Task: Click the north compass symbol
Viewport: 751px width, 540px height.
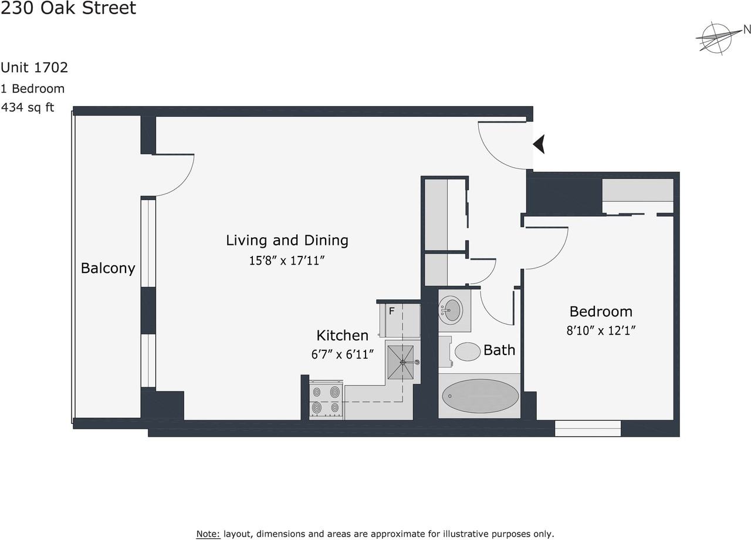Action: (717, 38)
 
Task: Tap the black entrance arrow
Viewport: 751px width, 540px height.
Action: (539, 144)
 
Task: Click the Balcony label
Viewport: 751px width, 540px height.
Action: (108, 268)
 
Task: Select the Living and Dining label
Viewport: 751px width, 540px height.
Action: (287, 240)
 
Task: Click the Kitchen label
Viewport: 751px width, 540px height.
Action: (342, 335)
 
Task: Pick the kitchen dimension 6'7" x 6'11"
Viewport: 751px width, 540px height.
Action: (342, 355)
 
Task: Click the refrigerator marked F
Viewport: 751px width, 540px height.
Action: (401, 320)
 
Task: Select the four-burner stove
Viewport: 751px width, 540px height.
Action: (326, 400)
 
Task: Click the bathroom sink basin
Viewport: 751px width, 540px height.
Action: (452, 310)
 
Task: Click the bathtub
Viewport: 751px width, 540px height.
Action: (479, 396)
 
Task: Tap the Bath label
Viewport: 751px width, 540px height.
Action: (499, 350)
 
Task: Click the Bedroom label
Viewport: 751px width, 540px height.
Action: (601, 311)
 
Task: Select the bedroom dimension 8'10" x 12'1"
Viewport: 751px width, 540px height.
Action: (601, 330)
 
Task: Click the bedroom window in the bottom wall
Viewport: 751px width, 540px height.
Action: (587, 428)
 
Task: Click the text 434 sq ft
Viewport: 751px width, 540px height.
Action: (28, 107)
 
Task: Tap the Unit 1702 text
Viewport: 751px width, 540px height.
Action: (34, 67)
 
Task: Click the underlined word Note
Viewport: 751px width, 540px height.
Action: (208, 534)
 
